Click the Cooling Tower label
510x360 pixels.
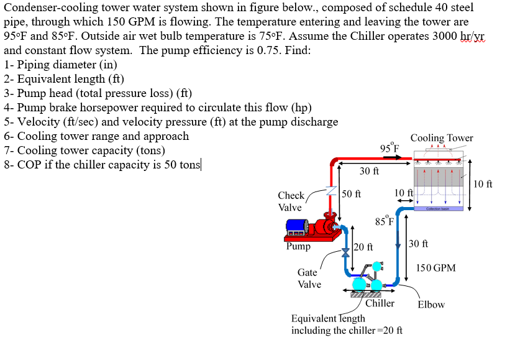441,138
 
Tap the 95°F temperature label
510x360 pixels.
389,148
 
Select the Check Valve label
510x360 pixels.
290,201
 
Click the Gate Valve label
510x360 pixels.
309,278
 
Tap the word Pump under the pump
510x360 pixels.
298,247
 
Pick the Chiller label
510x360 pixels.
380,303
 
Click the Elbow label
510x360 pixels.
431,305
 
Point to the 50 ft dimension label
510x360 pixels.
352,195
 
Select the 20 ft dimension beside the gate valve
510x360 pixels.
363,247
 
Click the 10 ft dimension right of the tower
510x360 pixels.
483,183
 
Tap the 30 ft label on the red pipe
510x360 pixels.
369,171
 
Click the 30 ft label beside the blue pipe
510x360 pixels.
418,244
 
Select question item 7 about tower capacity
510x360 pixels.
84,150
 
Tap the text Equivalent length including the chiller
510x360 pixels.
347,325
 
